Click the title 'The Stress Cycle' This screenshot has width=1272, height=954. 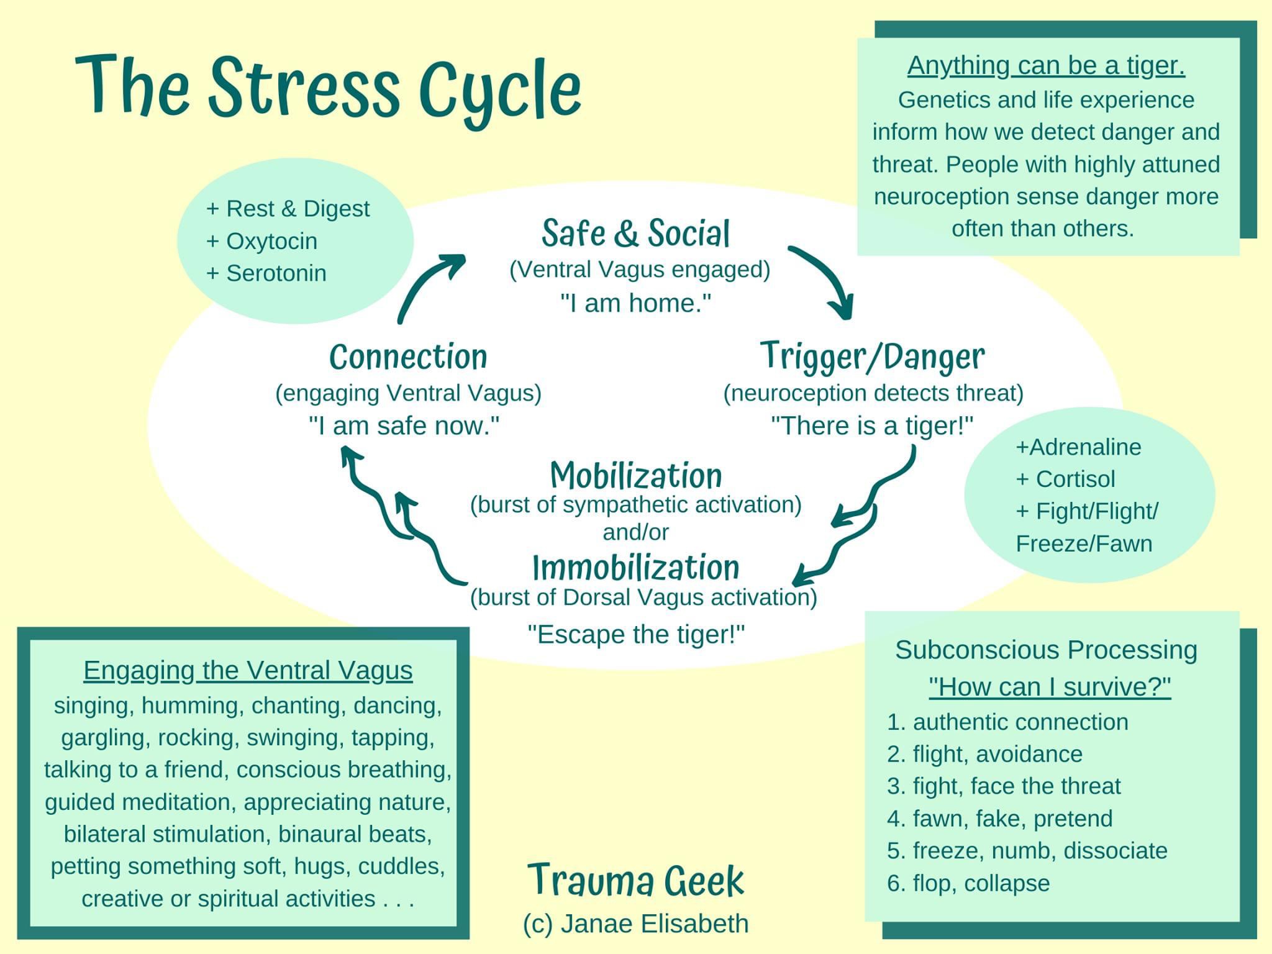tap(328, 87)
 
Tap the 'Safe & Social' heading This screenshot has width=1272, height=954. tap(635, 234)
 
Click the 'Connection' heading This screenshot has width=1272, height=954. tap(408, 357)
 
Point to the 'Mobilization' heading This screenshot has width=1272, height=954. tap(636, 476)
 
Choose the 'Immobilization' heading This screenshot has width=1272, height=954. tap(636, 568)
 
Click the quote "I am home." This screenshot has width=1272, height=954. tap(635, 303)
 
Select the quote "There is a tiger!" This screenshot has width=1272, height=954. tap(872, 426)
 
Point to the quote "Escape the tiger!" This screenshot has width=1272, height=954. tap(636, 635)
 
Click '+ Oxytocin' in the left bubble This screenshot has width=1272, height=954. tap(261, 241)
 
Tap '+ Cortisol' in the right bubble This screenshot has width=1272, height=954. tap(1065, 479)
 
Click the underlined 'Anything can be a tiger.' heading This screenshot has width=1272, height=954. tap(1046, 66)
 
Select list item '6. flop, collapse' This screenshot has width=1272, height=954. tap(968, 883)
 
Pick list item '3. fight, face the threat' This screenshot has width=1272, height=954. tap(1004, 786)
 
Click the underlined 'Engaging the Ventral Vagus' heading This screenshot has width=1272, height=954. tap(248, 671)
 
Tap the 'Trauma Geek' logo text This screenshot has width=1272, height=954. tap(635, 881)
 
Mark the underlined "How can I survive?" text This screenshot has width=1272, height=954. tap(1050, 687)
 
